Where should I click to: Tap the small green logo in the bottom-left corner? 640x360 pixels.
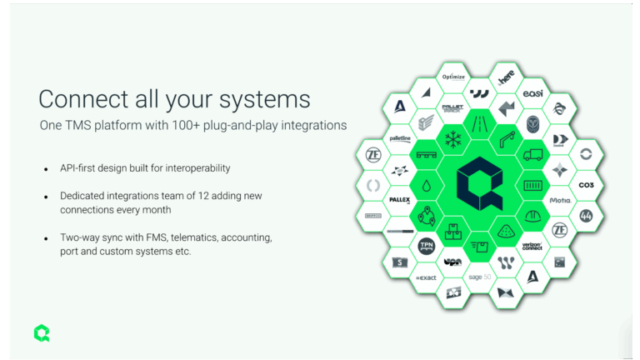42,332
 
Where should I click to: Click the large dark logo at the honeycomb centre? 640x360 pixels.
479,174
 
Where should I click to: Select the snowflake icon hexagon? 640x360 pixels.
453,138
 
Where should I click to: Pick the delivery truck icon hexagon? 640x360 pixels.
532,156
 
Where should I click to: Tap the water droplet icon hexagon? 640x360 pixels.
427,185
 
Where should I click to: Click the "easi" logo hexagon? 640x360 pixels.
532,93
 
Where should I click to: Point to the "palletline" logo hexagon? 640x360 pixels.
401,138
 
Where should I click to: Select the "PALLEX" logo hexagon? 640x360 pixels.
401,201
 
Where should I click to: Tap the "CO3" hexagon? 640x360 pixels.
586,185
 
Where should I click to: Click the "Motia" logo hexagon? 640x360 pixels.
559,201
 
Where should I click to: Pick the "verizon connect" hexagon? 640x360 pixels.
532,246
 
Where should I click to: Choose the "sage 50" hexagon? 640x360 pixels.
479,277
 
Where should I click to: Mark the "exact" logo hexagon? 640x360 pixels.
427,277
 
